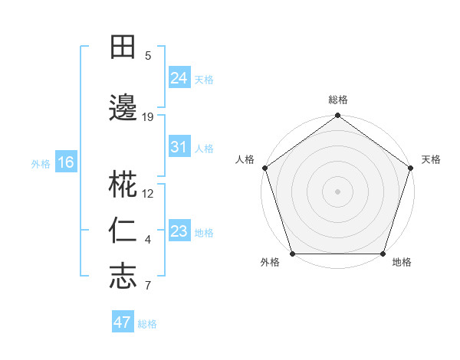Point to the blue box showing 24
pos(179,77)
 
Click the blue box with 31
pos(179,147)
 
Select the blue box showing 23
pos(179,231)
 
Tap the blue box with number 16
pos(66,162)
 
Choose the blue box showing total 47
pos(123,322)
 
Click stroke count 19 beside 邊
pos(148,116)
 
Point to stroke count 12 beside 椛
pos(148,194)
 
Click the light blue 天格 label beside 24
pos(204,79)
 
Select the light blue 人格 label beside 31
pos(204,149)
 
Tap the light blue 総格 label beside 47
pos(147,324)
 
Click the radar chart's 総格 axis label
pos(338,100)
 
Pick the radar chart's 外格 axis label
pos(270,263)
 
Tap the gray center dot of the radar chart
pos(337,191)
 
